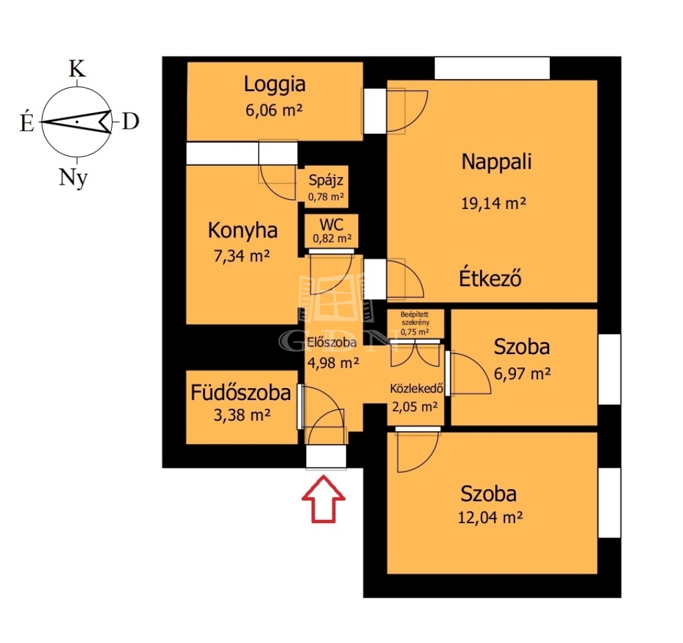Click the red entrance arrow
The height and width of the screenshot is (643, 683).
(x=323, y=499)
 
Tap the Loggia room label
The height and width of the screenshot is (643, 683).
(x=275, y=84)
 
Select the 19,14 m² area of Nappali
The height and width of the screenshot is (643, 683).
(x=493, y=203)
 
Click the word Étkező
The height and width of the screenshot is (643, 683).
(x=490, y=278)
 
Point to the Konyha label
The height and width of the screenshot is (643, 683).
(x=243, y=230)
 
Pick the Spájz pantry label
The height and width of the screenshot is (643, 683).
(x=326, y=180)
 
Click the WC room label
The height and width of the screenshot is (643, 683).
(x=332, y=225)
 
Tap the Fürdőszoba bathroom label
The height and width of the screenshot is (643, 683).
(x=241, y=392)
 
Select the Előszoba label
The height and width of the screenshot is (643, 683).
(x=332, y=343)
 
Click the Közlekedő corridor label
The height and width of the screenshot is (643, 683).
(x=417, y=388)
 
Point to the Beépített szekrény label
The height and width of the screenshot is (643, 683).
(x=415, y=318)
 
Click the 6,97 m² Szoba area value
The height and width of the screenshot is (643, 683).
(x=522, y=373)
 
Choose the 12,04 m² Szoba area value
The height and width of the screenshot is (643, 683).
(x=490, y=517)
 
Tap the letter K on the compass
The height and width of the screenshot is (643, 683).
(x=77, y=69)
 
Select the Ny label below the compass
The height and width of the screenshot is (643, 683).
(x=73, y=178)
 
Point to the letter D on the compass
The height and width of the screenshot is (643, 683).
(x=130, y=121)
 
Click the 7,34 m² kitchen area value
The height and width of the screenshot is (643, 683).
(x=241, y=256)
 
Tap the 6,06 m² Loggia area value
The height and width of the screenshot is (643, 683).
(x=273, y=110)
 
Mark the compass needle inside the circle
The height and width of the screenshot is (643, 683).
(x=77, y=121)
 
